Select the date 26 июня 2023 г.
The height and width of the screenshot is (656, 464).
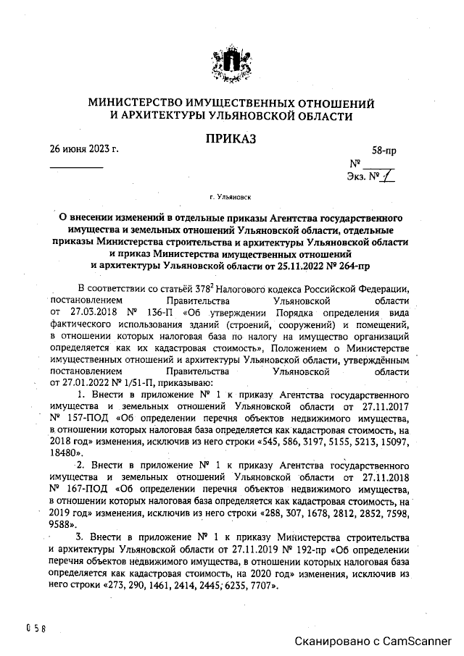(x=83, y=151)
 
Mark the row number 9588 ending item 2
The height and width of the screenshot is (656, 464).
(x=63, y=523)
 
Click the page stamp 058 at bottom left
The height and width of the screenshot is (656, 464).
(x=36, y=628)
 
